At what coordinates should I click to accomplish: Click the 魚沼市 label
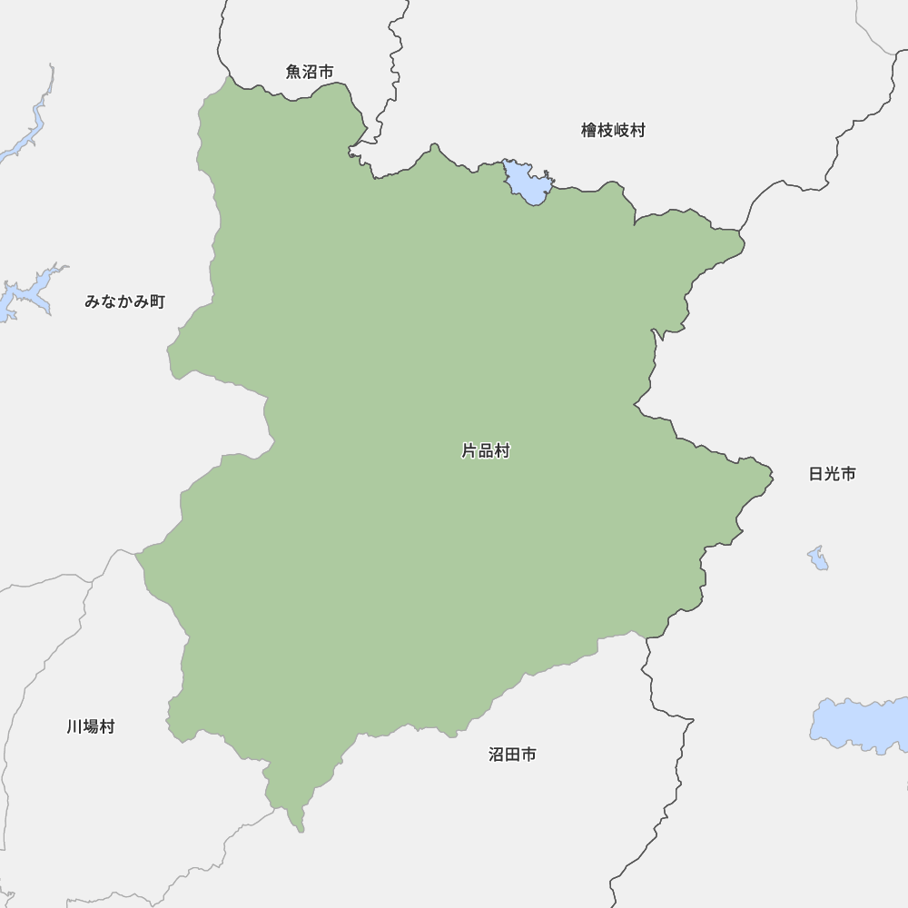[310, 72]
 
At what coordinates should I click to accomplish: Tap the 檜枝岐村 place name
[613, 131]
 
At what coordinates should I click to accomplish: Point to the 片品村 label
[486, 450]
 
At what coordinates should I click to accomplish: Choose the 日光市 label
[832, 474]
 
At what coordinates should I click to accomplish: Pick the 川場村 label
[91, 727]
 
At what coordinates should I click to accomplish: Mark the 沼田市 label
[512, 755]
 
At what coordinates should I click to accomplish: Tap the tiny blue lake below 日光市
[818, 558]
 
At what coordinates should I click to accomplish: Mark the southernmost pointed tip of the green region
[301, 829]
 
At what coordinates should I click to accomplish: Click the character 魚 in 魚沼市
[294, 72]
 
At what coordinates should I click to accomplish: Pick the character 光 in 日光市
[832, 474]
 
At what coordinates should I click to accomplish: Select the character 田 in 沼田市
[512, 755]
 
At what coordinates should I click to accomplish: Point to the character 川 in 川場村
[74, 727]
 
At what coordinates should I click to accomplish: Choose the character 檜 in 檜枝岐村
[589, 131]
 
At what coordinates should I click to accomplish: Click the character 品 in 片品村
[486, 450]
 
